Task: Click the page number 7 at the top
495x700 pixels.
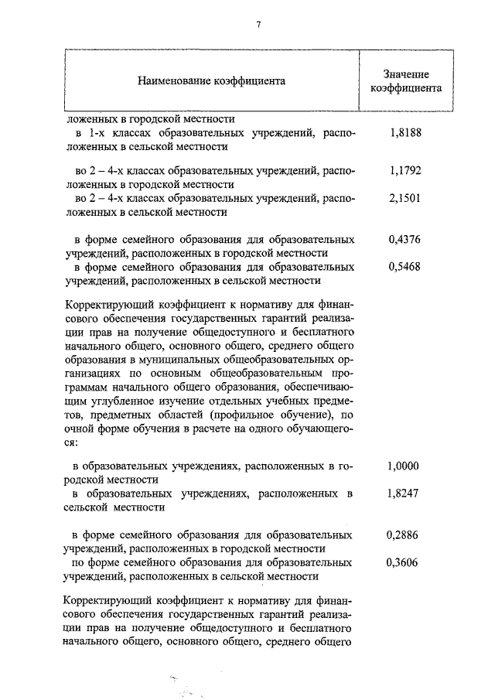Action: point(258,25)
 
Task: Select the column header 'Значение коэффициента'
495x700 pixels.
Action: point(406,80)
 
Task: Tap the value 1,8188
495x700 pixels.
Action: point(405,132)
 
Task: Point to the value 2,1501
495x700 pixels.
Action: point(405,198)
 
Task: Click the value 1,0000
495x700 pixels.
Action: point(403,466)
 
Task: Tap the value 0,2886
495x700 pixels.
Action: point(403,534)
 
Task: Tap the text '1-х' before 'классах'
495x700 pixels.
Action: point(97,132)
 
